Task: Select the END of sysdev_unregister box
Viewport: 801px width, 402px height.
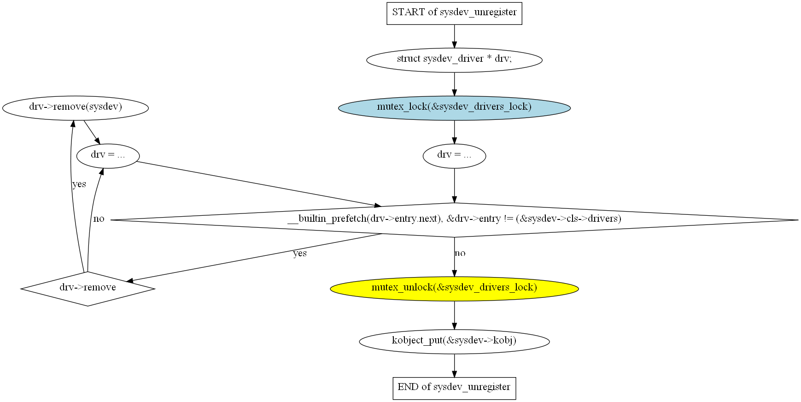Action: pyautogui.click(x=454, y=388)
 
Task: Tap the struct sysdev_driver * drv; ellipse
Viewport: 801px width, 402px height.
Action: pyautogui.click(x=454, y=60)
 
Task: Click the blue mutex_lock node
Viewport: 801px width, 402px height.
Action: pyautogui.click(x=454, y=108)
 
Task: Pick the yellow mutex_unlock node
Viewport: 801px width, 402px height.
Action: pyautogui.click(x=454, y=289)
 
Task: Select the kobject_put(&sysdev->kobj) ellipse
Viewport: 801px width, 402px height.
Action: pyautogui.click(x=454, y=342)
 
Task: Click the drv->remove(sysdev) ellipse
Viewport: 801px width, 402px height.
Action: pyautogui.click(x=76, y=108)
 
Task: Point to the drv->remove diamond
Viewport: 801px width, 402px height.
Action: pyautogui.click(x=88, y=289)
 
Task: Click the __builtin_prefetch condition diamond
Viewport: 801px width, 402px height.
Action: pyautogui.click(x=454, y=220)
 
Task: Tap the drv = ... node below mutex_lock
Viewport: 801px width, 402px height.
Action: pyautogui.click(x=454, y=156)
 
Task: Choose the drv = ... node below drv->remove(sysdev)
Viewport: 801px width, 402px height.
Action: pyautogui.click(x=108, y=156)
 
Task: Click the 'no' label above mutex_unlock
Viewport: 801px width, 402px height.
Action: pyautogui.click(x=460, y=253)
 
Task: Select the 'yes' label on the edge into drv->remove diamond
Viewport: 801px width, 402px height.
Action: pyautogui.click(x=300, y=253)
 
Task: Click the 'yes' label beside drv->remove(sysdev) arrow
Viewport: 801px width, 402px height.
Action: pyautogui.click(x=79, y=184)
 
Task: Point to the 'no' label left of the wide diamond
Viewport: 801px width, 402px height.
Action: pyautogui.click(x=99, y=219)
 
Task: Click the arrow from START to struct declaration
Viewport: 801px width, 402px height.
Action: pyautogui.click(x=454, y=36)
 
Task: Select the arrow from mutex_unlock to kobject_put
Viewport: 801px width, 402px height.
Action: pyautogui.click(x=454, y=315)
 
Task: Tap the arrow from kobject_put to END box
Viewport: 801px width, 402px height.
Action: pyautogui.click(x=454, y=366)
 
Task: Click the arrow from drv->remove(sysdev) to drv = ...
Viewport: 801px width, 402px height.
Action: pyautogui.click(x=92, y=132)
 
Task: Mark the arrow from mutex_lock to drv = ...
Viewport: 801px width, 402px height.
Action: pyautogui.click(x=454, y=132)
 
